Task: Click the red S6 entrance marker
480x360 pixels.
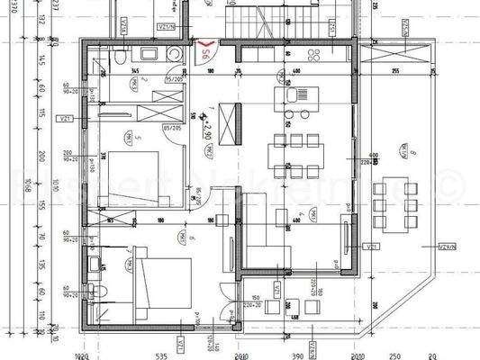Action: [x=206, y=49]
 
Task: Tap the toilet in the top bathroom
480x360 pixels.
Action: [x=120, y=58]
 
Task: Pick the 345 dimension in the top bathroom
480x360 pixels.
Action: [x=134, y=70]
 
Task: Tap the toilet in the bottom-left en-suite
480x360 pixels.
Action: [x=103, y=290]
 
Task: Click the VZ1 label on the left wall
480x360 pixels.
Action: [x=65, y=117]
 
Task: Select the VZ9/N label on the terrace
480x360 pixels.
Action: [x=446, y=246]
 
